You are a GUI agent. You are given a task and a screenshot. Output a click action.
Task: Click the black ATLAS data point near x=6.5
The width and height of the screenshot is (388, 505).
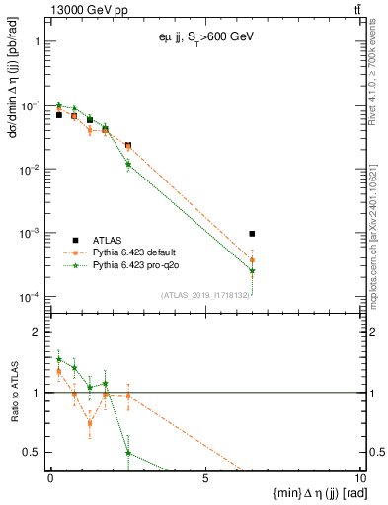[x=253, y=234]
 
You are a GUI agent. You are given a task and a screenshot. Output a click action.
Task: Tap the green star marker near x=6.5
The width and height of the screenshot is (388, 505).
[x=253, y=270]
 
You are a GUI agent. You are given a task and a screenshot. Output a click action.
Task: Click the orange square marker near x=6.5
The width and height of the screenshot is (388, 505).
[x=253, y=260]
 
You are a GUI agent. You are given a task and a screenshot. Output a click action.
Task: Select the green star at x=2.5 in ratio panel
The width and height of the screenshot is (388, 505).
[x=128, y=453]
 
